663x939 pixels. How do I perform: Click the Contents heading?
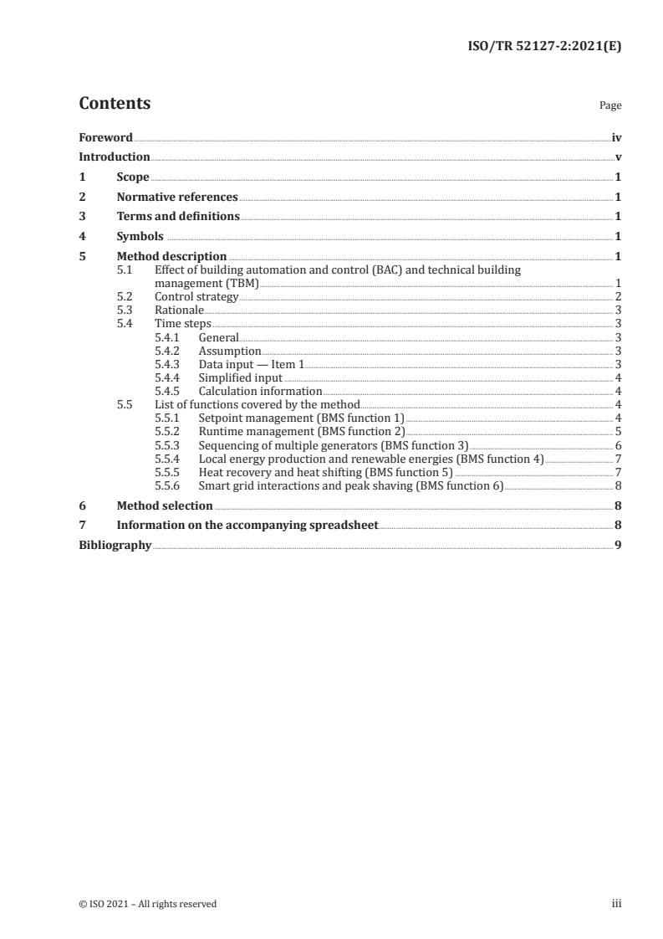115,104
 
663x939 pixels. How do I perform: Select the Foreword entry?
105,137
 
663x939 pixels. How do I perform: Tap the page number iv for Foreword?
616,137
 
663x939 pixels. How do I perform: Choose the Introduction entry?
115,157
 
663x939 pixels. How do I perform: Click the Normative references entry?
177,198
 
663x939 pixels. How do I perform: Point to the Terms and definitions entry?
178,217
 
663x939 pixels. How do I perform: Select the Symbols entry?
140,237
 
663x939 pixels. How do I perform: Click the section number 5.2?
125,297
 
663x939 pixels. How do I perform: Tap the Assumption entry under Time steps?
230,351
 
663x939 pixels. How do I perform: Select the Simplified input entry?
240,377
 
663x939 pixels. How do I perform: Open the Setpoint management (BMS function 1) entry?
301,418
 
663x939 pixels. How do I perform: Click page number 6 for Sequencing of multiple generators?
618,444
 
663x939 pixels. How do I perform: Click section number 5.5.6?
168,485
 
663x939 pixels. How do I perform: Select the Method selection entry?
164,505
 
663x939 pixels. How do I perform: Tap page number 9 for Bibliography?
618,545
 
